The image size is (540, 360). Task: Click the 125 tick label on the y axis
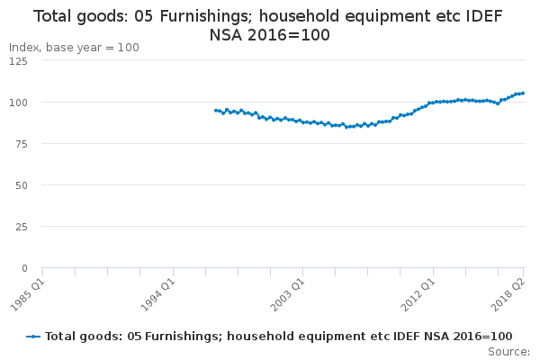click(18, 61)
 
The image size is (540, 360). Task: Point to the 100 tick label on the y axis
click(18, 103)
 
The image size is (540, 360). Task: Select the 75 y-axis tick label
click(22, 144)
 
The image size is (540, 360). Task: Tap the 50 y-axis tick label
click(22, 185)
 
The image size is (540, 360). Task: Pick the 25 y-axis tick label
click(22, 227)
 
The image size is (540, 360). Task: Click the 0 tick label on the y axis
click(24, 268)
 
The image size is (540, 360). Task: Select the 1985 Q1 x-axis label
click(28, 295)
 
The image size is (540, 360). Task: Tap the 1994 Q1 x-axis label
click(158, 295)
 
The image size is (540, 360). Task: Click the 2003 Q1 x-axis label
click(288, 295)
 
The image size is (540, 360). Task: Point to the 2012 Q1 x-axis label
click(418, 295)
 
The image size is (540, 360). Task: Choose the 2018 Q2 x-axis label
click(508, 295)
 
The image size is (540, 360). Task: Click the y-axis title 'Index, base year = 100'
click(74, 48)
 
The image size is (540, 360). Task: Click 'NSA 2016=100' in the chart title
click(270, 35)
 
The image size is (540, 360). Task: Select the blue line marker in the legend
click(33, 337)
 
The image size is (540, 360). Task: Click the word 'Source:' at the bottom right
click(508, 352)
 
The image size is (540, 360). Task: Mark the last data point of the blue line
click(523, 93)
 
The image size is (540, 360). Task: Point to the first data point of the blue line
click(216, 111)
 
